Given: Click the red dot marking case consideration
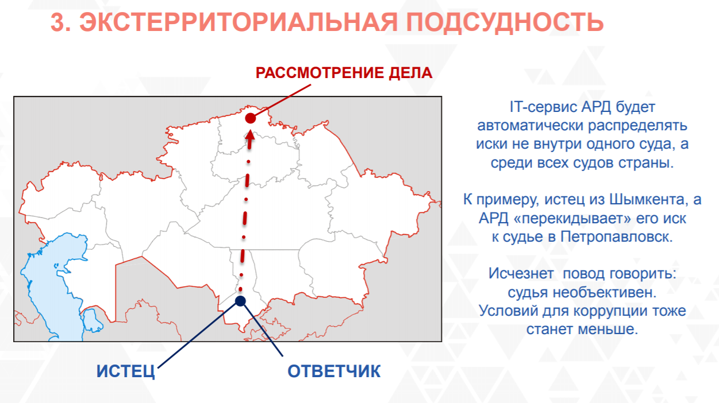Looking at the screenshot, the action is [251, 118].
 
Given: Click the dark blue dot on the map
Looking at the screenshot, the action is [240, 301].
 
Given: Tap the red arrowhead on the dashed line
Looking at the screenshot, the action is [250, 135].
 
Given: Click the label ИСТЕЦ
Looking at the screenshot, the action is [125, 371].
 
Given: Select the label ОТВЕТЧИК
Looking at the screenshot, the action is [334, 371].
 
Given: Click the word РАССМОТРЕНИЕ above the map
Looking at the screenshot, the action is [320, 73].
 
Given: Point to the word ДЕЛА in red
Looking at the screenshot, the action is [410, 73].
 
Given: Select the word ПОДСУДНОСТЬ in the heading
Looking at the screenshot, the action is [505, 22].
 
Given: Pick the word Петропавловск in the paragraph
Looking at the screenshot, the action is [616, 237].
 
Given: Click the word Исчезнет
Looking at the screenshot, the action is [521, 274].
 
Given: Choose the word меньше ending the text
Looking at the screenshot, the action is [608, 330].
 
